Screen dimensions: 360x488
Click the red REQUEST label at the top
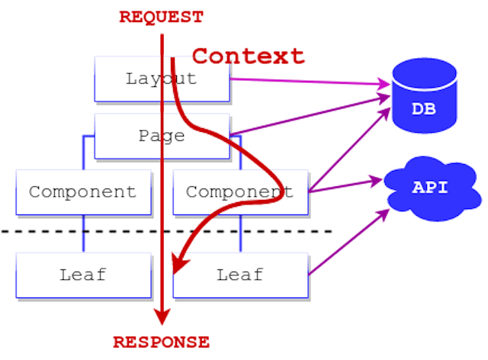click(x=161, y=17)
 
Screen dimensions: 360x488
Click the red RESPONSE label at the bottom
click(x=161, y=342)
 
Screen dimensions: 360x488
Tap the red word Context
click(x=248, y=56)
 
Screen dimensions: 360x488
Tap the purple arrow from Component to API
click(x=343, y=184)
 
